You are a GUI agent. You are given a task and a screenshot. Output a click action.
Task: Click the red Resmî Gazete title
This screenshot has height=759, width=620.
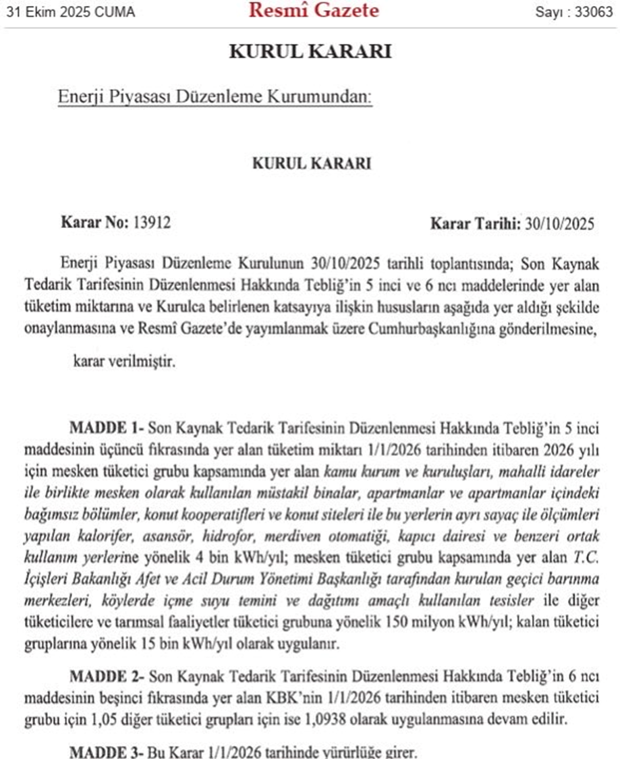(314, 11)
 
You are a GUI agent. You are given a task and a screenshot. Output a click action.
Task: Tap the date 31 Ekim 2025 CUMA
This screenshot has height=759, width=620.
(69, 12)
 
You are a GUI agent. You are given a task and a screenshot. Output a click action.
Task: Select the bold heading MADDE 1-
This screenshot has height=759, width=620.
(107, 427)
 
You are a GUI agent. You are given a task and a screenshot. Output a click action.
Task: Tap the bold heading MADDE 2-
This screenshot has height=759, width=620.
(107, 675)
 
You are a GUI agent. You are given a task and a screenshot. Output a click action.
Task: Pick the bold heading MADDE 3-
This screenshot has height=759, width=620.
(107, 751)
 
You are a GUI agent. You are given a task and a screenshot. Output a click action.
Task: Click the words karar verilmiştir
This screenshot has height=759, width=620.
(124, 362)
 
